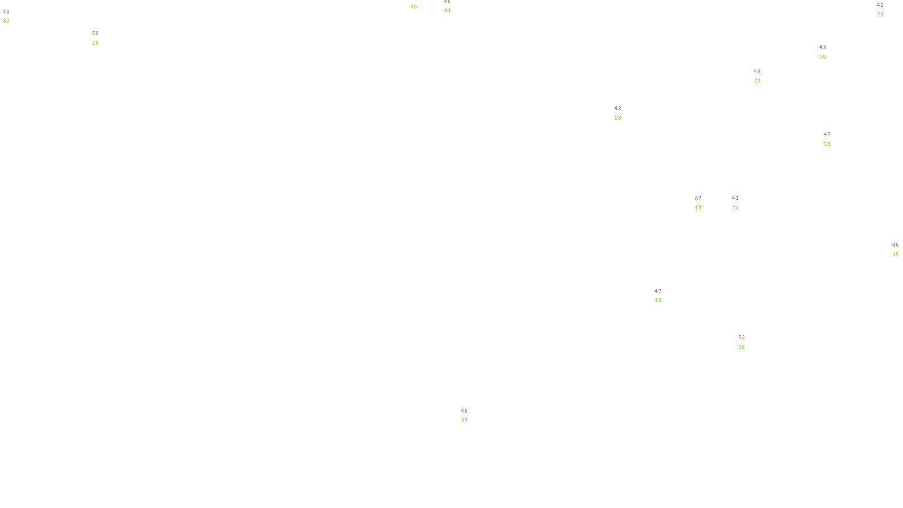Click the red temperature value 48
click(6, 12)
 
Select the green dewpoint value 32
click(6, 21)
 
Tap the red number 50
click(95, 33)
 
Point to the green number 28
click(95, 43)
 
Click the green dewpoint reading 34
click(448, 11)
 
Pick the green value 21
click(757, 81)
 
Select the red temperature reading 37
click(698, 199)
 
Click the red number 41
click(735, 198)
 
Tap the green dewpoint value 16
click(742, 347)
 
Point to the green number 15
click(896, 255)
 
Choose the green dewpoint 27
click(464, 421)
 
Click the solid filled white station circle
click(747, 342)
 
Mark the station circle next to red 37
click(703, 203)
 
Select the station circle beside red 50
click(101, 38)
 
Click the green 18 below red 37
click(698, 208)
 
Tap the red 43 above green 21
click(757, 72)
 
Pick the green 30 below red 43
click(823, 57)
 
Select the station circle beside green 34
click(453, 6)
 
